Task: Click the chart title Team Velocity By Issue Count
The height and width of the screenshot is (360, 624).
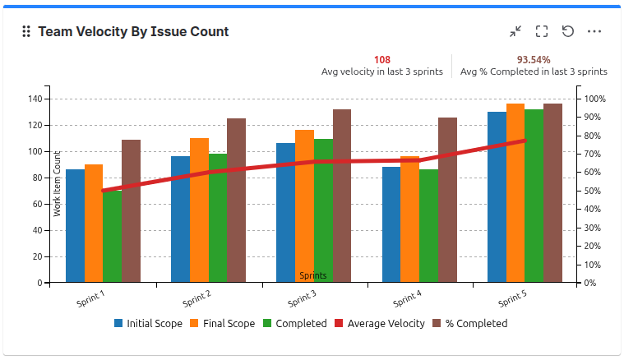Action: click(x=133, y=32)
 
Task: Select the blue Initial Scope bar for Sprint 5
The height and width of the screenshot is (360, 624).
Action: click(x=497, y=197)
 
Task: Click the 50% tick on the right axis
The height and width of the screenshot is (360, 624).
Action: click(x=594, y=191)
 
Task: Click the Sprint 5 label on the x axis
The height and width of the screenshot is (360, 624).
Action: click(x=511, y=298)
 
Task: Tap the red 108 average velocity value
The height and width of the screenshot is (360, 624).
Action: click(x=381, y=60)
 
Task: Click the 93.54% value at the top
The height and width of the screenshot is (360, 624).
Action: click(x=534, y=60)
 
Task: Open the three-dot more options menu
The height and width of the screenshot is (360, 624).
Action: click(x=594, y=32)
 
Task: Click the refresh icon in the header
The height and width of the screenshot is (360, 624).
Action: click(x=567, y=32)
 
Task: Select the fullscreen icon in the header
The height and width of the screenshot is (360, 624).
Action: click(x=542, y=32)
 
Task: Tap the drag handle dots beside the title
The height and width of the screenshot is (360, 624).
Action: click(x=25, y=32)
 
